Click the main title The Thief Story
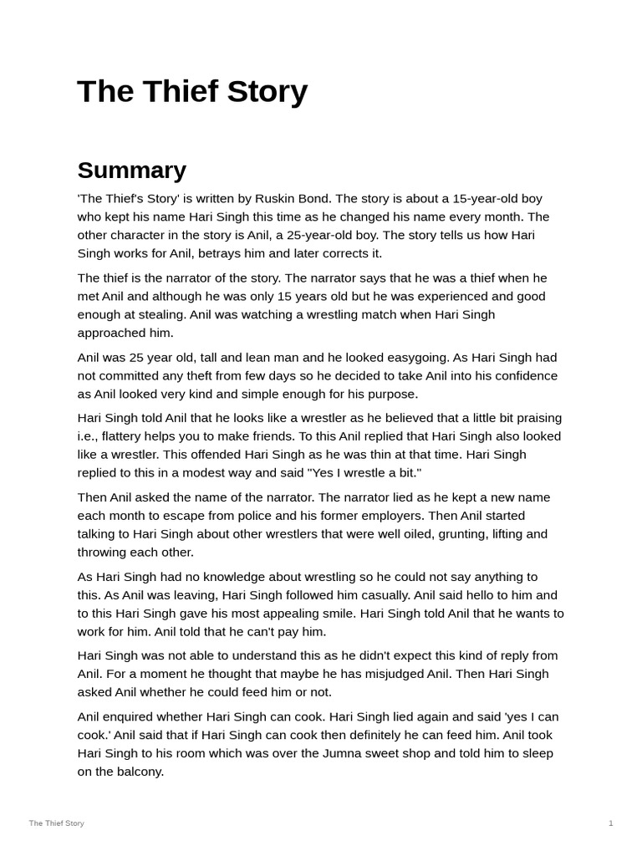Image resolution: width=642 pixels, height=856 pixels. [192, 91]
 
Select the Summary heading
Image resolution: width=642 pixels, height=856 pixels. [131, 171]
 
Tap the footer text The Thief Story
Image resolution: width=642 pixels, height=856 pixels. [56, 823]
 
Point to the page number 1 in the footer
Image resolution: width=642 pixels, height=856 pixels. [610, 823]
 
